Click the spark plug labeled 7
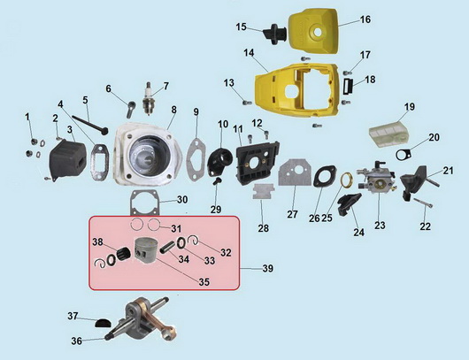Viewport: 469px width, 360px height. pos(148,98)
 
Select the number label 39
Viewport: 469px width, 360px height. pos(268,269)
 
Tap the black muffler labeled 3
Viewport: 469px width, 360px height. pos(68,160)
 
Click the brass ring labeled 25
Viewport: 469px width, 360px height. pos(347,180)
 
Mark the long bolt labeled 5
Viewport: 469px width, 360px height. pos(89,125)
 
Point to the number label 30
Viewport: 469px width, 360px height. pos(182,199)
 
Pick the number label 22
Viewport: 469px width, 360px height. pos(425,226)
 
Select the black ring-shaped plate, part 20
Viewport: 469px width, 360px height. pos(404,154)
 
